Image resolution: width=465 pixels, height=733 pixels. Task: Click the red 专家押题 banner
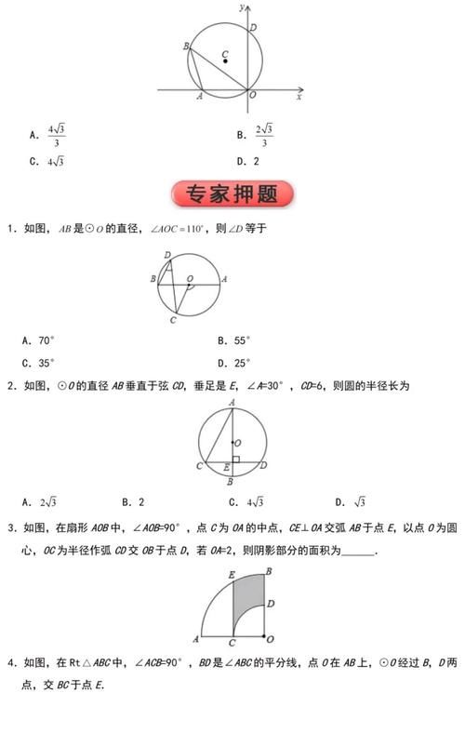click(x=232, y=194)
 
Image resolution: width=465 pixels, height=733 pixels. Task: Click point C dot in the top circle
click(x=225, y=61)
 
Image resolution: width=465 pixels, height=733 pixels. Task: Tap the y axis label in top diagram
click(x=240, y=7)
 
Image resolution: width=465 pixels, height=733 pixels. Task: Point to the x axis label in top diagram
click(x=299, y=97)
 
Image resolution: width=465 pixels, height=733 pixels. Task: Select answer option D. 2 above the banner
click(x=247, y=161)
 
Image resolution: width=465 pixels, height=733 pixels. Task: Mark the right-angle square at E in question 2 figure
click(x=236, y=460)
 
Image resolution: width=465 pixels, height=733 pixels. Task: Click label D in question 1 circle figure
click(x=166, y=255)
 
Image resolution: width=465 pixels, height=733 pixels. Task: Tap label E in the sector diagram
click(x=230, y=576)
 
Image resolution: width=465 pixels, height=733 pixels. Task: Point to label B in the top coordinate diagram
click(x=186, y=46)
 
